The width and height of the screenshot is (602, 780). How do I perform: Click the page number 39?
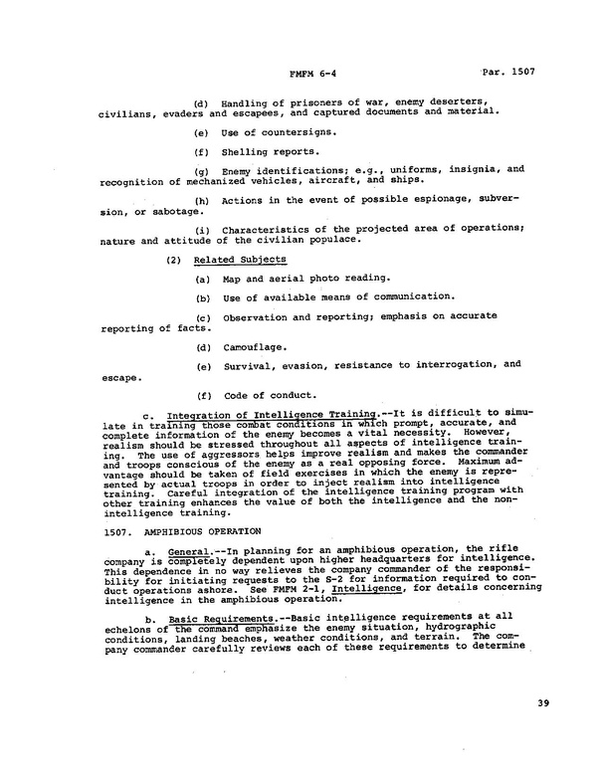pos(541,704)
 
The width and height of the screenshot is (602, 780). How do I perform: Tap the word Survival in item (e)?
pos(248,365)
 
